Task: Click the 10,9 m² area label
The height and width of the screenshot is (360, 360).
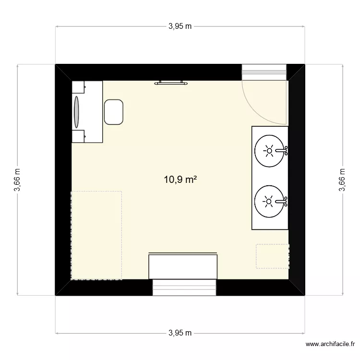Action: tap(180, 180)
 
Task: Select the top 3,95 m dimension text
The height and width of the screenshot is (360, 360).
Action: tap(180, 27)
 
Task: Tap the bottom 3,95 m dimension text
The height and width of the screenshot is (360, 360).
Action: tap(180, 333)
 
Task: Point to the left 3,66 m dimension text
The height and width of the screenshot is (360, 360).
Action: tap(18, 180)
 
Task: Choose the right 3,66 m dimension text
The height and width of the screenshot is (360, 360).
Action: tap(342, 180)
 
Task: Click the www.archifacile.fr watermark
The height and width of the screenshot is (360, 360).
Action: tap(331, 344)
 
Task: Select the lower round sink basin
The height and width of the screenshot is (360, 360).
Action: tap(269, 202)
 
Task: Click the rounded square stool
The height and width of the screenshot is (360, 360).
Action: tap(113, 112)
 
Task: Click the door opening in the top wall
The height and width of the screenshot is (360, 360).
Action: tap(264, 72)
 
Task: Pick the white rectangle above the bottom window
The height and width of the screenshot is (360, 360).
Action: tap(183, 267)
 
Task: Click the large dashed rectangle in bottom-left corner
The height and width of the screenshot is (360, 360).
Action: tap(96, 235)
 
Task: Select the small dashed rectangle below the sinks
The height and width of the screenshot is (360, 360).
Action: tap(272, 256)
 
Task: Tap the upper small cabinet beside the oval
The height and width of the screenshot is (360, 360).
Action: tap(79, 87)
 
